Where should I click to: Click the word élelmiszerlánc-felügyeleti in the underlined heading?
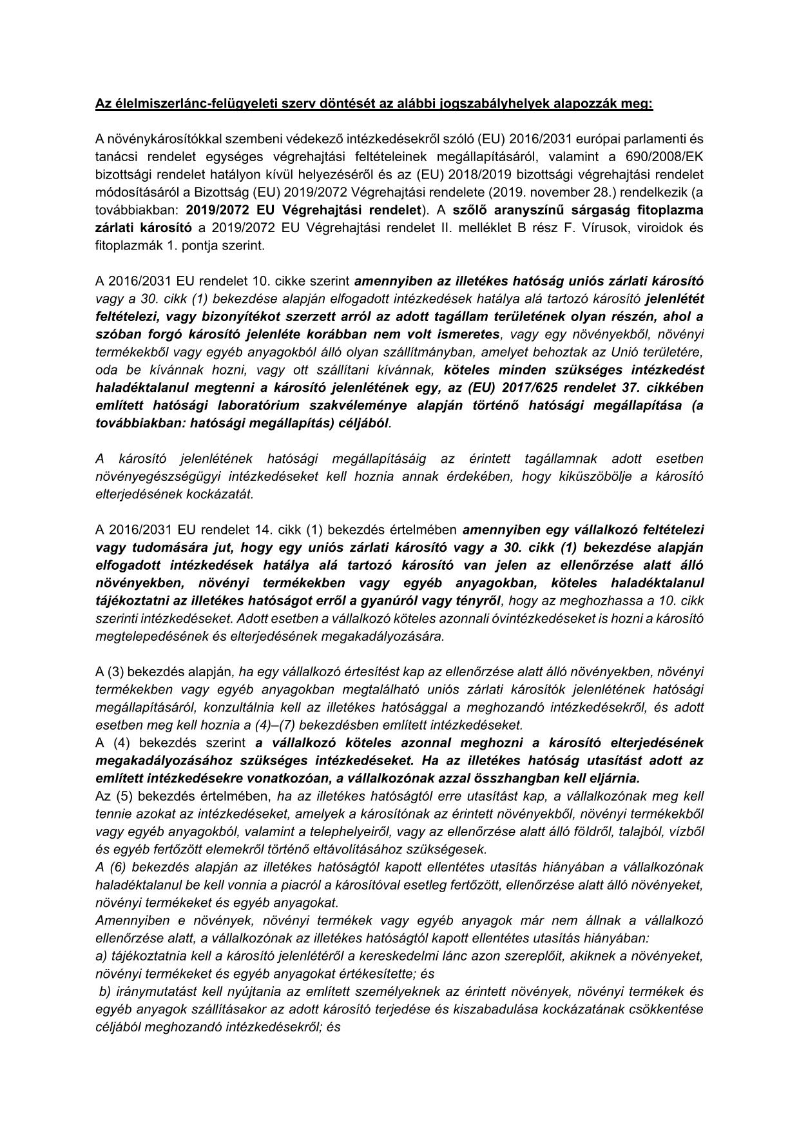point(187,104)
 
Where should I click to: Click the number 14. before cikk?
point(264,531)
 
